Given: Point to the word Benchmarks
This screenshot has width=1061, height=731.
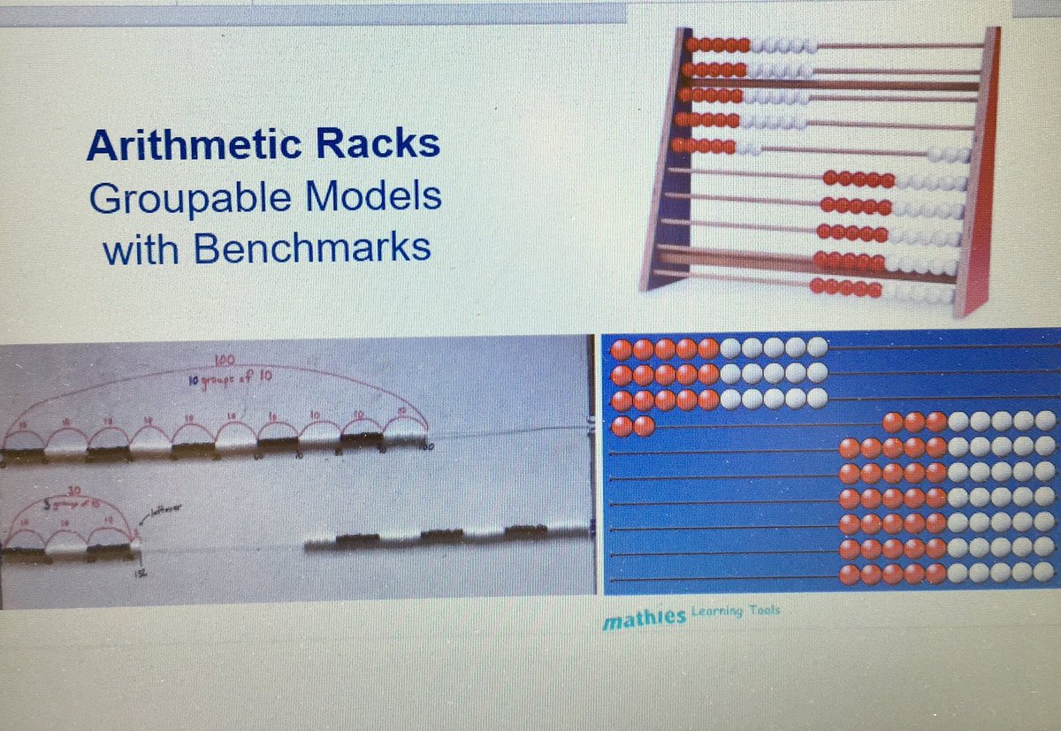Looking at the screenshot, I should pos(312,248).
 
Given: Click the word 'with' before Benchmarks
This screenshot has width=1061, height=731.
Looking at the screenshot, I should pos(140,248).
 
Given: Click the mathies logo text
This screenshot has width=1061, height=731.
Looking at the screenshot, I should pos(644,621).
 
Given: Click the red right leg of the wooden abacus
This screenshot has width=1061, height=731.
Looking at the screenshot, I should pos(977,177).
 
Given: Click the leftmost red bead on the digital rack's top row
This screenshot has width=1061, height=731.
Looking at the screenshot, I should pos(622,348).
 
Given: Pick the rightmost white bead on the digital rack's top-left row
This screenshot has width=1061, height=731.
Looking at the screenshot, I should pos(817,347).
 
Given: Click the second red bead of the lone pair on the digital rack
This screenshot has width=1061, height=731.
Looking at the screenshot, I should pos(644,426).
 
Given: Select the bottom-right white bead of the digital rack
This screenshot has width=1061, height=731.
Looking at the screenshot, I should pos(1045,574).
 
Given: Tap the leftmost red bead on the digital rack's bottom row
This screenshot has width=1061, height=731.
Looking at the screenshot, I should pos(849,575).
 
